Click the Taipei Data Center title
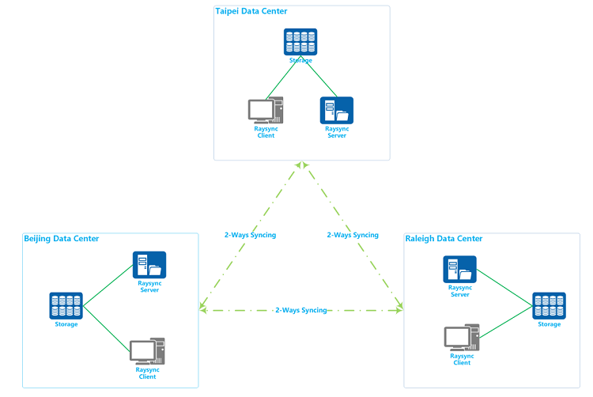coord(251,11)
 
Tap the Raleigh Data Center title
coord(443,239)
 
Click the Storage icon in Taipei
coord(300,41)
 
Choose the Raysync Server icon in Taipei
coord(336,111)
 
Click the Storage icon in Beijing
coord(66,305)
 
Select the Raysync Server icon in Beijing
coord(149,266)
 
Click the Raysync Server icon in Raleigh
coord(459,270)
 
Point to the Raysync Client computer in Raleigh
coord(461,337)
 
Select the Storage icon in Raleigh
coord(549,306)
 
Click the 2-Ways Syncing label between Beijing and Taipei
coord(250,235)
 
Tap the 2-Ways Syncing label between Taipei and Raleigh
coord(353,235)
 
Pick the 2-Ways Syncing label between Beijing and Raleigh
coord(301,310)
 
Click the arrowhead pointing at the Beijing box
coord(202,308)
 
